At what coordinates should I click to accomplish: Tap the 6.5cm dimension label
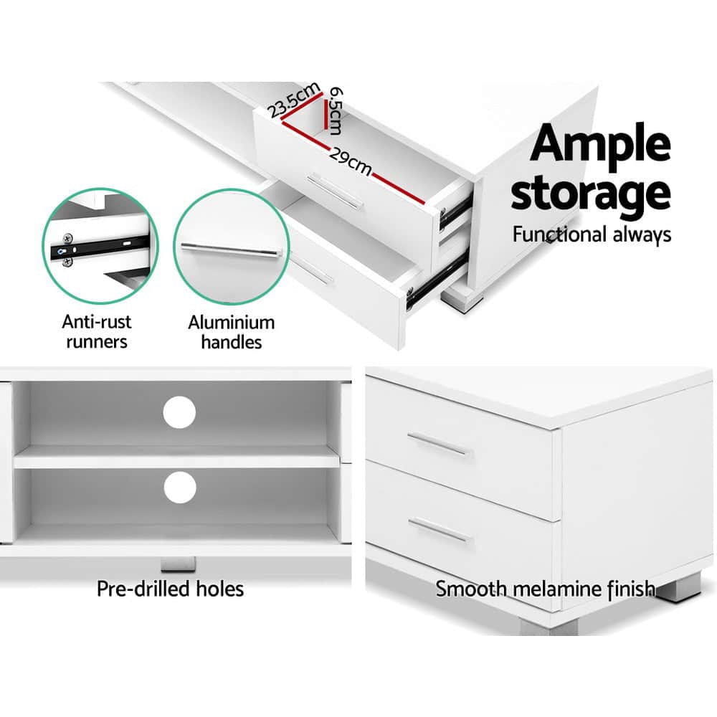tap(333, 112)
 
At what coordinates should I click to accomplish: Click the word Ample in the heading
tap(600, 146)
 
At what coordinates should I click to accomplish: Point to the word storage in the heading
tap(590, 193)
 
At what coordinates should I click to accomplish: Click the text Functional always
tap(591, 234)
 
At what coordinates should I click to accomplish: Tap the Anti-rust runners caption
tap(97, 331)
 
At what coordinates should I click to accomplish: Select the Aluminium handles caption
tap(231, 332)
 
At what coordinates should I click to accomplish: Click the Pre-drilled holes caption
tap(171, 589)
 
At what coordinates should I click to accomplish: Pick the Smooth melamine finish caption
tap(545, 589)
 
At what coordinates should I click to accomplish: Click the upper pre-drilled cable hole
tap(179, 412)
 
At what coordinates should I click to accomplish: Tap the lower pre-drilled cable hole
tap(179, 488)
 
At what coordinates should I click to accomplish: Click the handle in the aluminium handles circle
tap(229, 250)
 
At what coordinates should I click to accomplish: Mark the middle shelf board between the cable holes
tap(176, 457)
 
